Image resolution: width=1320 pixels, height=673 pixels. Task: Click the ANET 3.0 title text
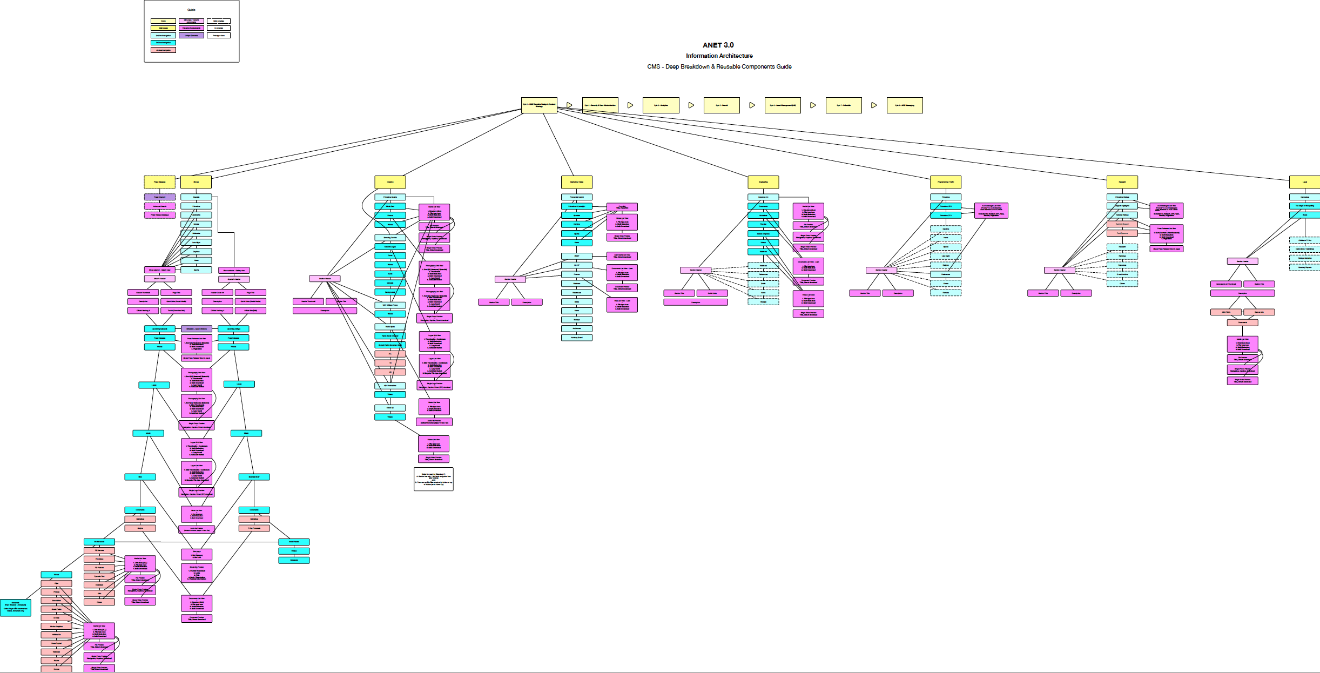[x=718, y=45]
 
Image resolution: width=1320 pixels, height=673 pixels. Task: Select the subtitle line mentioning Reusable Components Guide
[x=719, y=67]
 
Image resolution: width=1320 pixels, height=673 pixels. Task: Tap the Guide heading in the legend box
[x=191, y=10]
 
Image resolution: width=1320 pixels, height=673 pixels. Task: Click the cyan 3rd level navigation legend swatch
[x=163, y=43]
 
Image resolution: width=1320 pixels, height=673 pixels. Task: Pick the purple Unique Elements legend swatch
[x=191, y=36]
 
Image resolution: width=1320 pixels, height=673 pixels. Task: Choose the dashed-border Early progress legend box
[x=219, y=21]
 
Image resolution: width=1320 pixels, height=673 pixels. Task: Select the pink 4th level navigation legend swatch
[x=163, y=50]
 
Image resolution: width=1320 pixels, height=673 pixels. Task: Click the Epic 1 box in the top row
[x=538, y=105]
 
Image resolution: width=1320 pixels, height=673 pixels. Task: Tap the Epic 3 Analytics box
[x=661, y=105]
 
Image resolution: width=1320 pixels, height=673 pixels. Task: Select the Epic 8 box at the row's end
[x=905, y=105]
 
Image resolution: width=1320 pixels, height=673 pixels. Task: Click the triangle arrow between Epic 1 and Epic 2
[x=569, y=105]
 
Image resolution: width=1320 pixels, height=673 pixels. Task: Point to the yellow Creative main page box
[x=390, y=182]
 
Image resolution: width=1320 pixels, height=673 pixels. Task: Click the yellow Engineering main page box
[x=763, y=182]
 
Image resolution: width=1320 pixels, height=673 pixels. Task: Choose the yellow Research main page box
[x=1122, y=182]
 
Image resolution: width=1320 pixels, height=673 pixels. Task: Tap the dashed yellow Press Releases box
[x=159, y=182]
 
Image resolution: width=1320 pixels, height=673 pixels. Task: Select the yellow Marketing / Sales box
[x=577, y=182]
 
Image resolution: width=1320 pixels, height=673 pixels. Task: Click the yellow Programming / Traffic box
[x=946, y=182]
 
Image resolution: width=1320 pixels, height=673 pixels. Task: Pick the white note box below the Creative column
[x=433, y=479]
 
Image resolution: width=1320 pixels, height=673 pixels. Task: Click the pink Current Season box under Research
[x=1122, y=224]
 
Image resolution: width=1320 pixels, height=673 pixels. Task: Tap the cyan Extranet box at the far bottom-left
[x=16, y=608]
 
